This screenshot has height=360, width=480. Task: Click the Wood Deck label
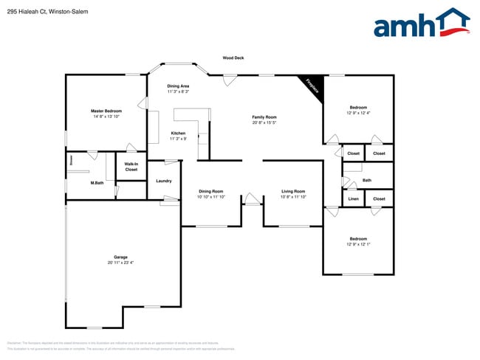233,58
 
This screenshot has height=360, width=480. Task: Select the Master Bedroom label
106,111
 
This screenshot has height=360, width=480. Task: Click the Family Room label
264,117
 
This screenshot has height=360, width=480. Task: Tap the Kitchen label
178,133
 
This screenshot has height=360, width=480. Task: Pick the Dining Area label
178,86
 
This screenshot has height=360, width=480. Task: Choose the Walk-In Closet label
131,167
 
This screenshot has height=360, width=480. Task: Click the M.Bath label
97,183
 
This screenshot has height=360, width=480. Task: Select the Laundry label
163,181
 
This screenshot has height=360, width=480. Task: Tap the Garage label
120,257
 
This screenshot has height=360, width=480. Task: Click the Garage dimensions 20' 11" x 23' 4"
120,262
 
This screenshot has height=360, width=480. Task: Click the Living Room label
293,191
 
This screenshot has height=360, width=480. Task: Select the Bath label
366,180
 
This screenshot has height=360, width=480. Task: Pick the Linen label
353,199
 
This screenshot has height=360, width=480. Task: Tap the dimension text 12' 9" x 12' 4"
358,113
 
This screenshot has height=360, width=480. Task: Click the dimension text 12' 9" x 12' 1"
358,243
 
